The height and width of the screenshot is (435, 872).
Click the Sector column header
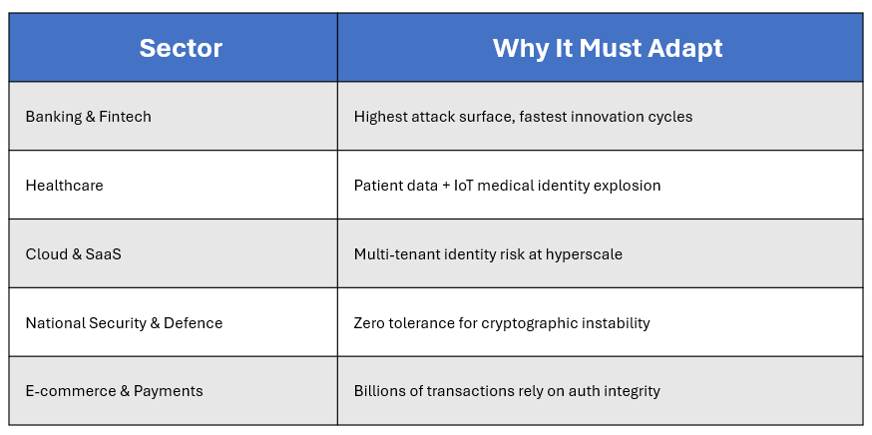[x=181, y=48]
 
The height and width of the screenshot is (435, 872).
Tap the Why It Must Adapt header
[x=608, y=48]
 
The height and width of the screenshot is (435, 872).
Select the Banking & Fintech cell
[x=89, y=117]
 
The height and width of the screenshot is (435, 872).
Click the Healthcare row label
[x=65, y=185]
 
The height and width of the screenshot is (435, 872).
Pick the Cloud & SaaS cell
[x=74, y=254]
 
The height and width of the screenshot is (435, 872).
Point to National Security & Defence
[x=124, y=322]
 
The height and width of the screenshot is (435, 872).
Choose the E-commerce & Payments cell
[x=114, y=391]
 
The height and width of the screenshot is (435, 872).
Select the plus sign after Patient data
[x=446, y=186]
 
